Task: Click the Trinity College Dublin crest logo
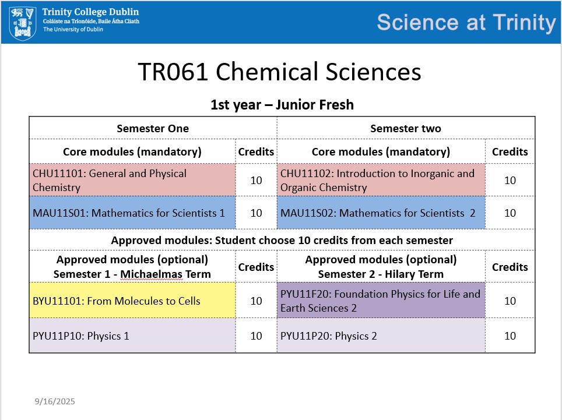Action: [22, 23]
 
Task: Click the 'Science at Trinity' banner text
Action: [466, 23]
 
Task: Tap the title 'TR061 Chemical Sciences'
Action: [280, 72]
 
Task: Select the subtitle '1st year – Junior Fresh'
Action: [282, 104]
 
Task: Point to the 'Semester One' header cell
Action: [153, 128]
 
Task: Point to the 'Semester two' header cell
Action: [406, 128]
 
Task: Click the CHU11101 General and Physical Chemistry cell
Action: [132, 180]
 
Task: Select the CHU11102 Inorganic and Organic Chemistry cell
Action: [381, 180]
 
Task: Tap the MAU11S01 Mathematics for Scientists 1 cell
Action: [132, 213]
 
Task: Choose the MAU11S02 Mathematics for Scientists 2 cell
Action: [381, 213]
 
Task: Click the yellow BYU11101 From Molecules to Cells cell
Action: [132, 301]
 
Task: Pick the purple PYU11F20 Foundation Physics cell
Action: [381, 301]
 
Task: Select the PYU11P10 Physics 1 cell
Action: [132, 336]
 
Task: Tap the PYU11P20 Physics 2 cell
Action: [381, 336]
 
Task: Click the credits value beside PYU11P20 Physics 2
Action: [510, 336]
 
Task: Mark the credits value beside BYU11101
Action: [256, 301]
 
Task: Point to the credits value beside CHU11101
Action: [256, 180]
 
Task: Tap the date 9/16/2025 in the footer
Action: [55, 401]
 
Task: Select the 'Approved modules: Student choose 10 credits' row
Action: [282, 240]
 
